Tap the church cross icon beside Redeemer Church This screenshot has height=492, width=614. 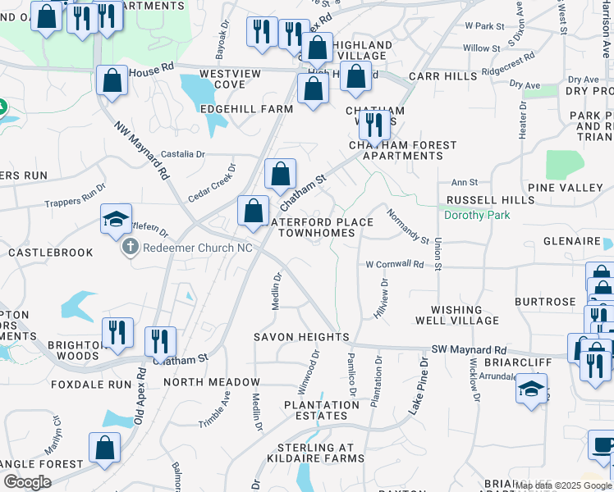pyautogui.click(x=131, y=247)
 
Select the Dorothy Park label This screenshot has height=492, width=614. pyautogui.click(x=476, y=216)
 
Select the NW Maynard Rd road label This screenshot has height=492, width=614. pyautogui.click(x=142, y=151)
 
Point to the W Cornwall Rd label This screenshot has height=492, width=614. pyautogui.click(x=395, y=265)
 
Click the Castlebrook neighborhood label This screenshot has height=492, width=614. pyautogui.click(x=51, y=253)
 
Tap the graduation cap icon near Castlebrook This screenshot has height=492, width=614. pyautogui.click(x=117, y=219)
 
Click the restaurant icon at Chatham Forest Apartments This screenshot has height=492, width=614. pyautogui.click(x=374, y=125)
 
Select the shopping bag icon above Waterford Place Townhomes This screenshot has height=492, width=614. pyautogui.click(x=254, y=210)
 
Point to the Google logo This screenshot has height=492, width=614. pyautogui.click(x=27, y=481)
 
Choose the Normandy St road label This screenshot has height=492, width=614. pyautogui.click(x=409, y=224)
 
